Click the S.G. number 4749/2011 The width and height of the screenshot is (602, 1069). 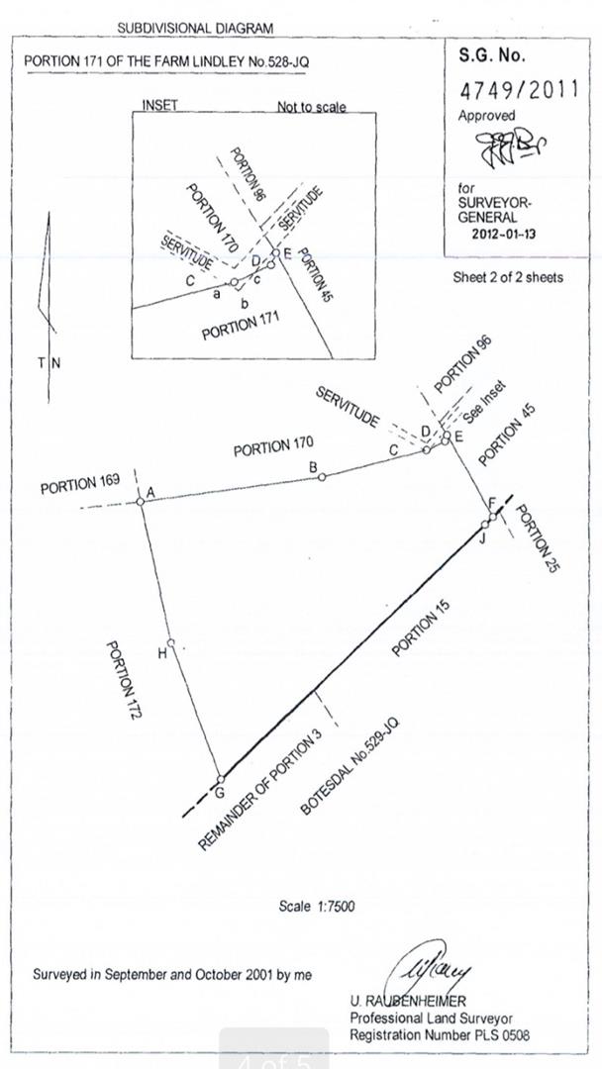[519, 89]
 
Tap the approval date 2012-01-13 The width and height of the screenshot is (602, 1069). [503, 236]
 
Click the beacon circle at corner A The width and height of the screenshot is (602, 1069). [141, 502]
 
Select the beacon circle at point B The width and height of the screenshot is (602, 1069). [322, 477]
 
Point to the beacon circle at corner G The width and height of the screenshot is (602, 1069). [220, 779]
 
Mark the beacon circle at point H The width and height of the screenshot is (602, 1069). [171, 642]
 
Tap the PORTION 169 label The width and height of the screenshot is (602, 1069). [80, 485]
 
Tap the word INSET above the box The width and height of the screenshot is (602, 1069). [159, 105]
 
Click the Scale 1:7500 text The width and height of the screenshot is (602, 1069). [317, 906]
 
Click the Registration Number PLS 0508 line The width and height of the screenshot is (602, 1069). [439, 1035]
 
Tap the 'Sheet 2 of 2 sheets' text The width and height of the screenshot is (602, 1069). [508, 277]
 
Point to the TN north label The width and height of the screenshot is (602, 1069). [49, 362]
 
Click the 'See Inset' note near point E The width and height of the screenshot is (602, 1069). [483, 400]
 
